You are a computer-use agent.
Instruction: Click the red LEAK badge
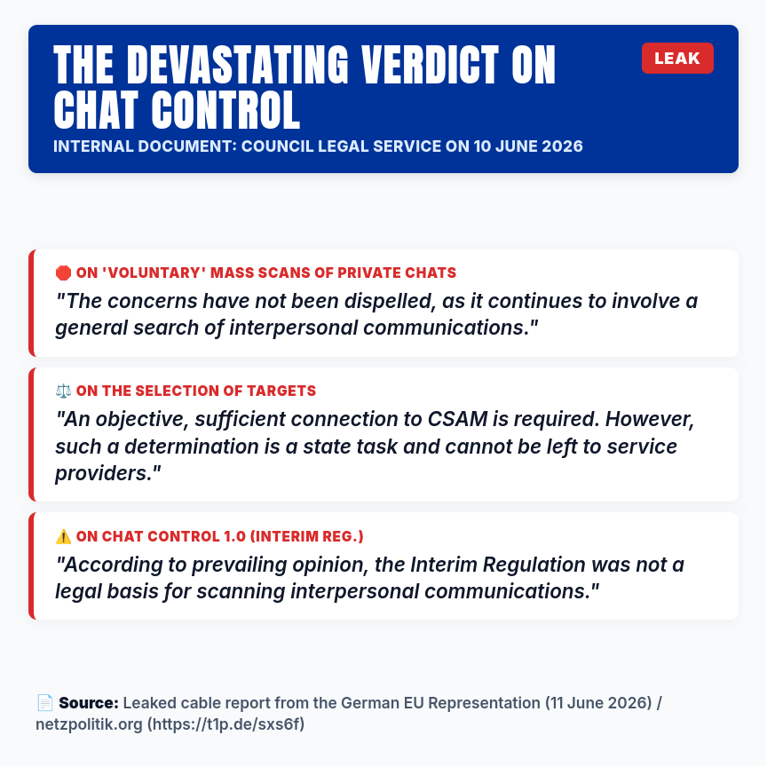click(x=677, y=59)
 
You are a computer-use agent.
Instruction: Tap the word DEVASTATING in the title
click(x=238, y=65)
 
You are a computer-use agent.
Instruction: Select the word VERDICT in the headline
click(x=430, y=65)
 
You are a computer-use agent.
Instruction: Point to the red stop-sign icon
click(x=63, y=273)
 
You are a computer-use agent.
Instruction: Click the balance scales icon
click(x=63, y=391)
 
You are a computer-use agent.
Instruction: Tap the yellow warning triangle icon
click(x=63, y=536)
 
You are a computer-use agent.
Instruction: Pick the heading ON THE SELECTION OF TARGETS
click(x=196, y=391)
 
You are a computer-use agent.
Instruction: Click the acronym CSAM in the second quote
click(x=457, y=419)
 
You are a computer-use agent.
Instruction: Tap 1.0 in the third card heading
click(x=234, y=536)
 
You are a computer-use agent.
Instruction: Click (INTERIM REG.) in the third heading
click(x=306, y=536)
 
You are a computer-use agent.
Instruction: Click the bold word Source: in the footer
click(x=89, y=703)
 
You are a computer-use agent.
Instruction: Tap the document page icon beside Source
click(x=45, y=703)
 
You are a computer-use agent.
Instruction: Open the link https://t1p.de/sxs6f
click(x=226, y=724)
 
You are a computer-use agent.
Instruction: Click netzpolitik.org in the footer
click(x=89, y=724)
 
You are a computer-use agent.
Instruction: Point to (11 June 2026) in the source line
click(x=598, y=703)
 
